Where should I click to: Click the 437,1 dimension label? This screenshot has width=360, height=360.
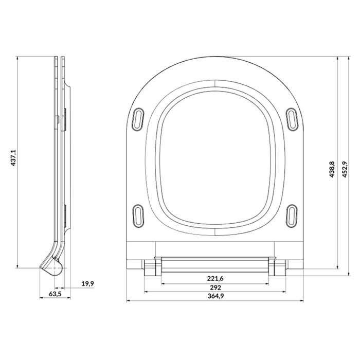13,158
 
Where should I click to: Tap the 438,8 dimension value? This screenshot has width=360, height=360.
332,169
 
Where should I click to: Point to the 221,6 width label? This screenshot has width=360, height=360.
215,279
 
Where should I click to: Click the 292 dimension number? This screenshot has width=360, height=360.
215,287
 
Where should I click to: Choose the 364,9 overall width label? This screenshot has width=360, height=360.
215,296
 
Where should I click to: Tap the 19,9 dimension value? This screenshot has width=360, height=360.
88,283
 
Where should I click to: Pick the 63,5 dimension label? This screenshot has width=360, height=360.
55,294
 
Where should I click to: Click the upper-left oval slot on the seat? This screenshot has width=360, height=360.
138,119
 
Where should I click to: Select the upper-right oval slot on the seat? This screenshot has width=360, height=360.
292,119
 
